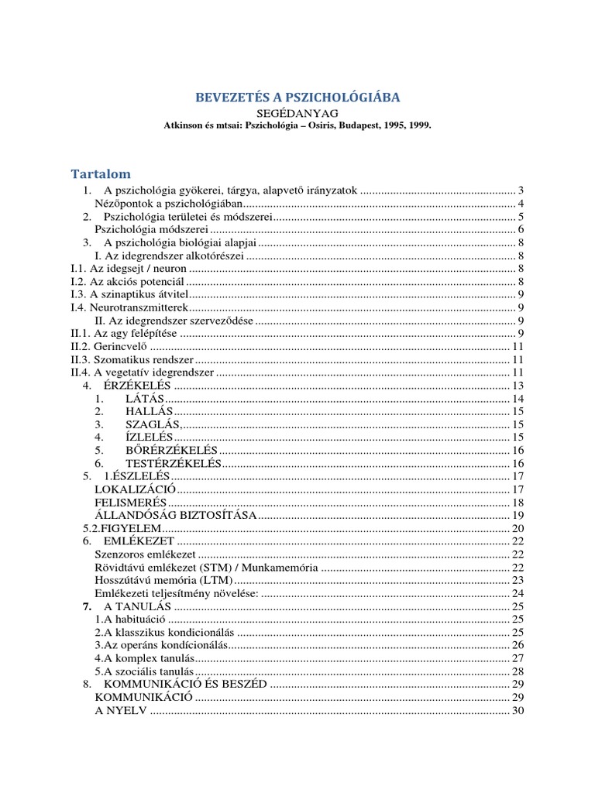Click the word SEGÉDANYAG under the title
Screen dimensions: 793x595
coord(297,113)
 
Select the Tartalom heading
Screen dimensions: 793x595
coord(101,173)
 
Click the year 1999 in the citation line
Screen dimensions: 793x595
coord(416,125)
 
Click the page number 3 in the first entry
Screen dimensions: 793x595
coord(522,191)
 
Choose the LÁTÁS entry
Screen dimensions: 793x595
coord(145,399)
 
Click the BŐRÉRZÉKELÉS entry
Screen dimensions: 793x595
coord(172,451)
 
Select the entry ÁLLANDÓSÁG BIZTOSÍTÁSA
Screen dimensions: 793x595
coord(175,516)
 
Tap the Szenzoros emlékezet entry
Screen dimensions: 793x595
coord(145,554)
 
